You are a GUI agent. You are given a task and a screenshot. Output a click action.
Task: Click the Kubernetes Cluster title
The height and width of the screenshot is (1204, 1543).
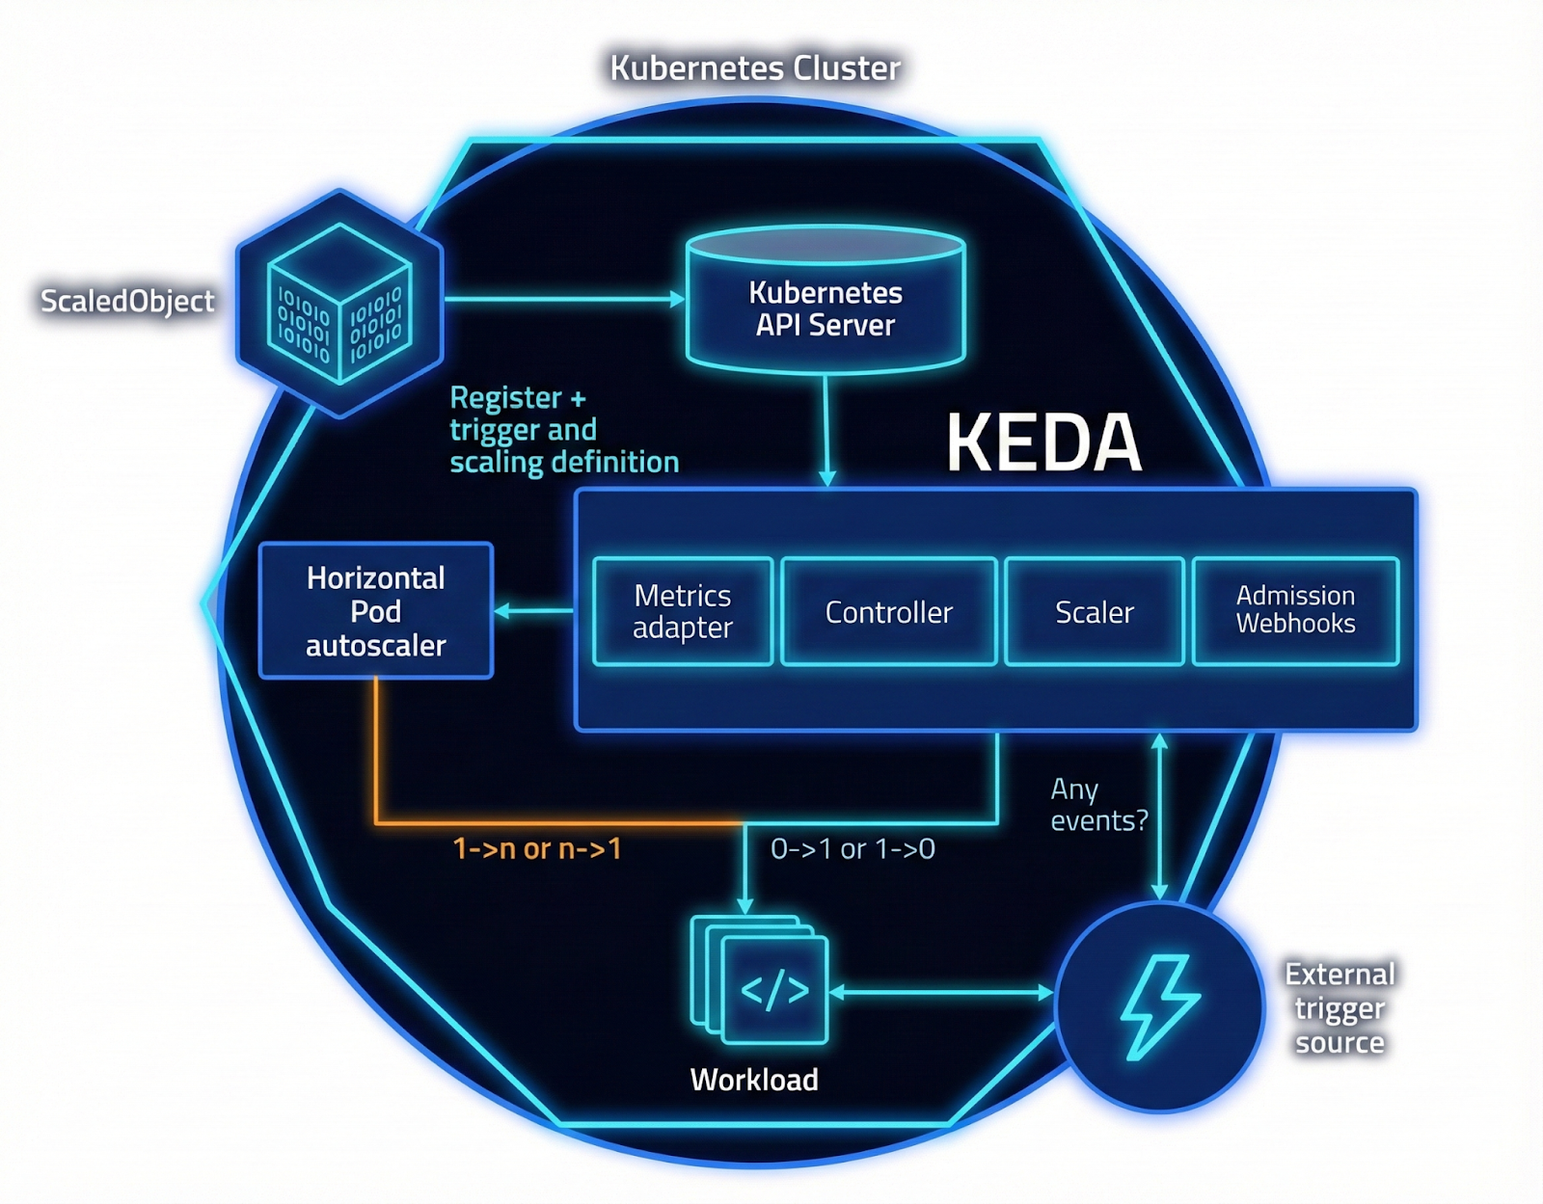pyautogui.click(x=755, y=68)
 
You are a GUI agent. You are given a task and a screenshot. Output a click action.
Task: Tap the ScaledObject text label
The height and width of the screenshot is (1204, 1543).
pyautogui.click(x=127, y=301)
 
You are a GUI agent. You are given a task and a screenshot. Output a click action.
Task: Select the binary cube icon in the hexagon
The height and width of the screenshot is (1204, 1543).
pyautogui.click(x=339, y=303)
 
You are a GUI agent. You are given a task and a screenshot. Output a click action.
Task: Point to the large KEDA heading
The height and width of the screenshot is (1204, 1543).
pyautogui.click(x=1043, y=442)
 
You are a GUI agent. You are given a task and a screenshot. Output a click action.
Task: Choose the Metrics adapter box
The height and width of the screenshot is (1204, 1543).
pyautogui.click(x=683, y=611)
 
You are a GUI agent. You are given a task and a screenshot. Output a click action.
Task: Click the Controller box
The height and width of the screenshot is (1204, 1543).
pyautogui.click(x=888, y=611)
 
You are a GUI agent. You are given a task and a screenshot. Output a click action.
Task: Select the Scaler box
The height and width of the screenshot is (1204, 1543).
pyautogui.click(x=1094, y=611)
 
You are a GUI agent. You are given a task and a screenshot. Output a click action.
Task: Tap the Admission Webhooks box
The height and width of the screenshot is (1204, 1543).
pyautogui.click(x=1295, y=610)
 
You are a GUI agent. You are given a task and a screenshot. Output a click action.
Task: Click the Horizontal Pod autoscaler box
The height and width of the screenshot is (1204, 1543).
pyautogui.click(x=376, y=611)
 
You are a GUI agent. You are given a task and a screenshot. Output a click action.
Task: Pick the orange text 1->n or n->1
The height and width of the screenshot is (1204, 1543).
pyautogui.click(x=537, y=848)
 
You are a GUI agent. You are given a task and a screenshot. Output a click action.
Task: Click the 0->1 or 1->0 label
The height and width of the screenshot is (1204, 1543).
pyautogui.click(x=853, y=848)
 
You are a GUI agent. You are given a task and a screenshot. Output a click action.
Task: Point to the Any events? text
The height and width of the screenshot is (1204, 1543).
pyautogui.click(x=1097, y=805)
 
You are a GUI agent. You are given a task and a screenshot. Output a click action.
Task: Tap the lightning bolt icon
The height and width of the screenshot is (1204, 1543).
pyautogui.click(x=1160, y=1007)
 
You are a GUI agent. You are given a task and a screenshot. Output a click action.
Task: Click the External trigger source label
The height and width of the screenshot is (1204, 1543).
pyautogui.click(x=1340, y=1008)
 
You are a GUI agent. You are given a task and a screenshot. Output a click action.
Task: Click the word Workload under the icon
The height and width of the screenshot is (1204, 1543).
pyautogui.click(x=754, y=1080)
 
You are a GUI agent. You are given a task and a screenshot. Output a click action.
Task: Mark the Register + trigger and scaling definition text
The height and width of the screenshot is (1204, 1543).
pyautogui.click(x=563, y=430)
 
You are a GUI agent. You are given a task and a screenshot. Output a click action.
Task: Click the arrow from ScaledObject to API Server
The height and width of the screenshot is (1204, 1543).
pyautogui.click(x=564, y=299)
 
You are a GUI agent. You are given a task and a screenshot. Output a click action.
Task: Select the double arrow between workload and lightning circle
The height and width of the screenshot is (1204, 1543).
pyautogui.click(x=940, y=992)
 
